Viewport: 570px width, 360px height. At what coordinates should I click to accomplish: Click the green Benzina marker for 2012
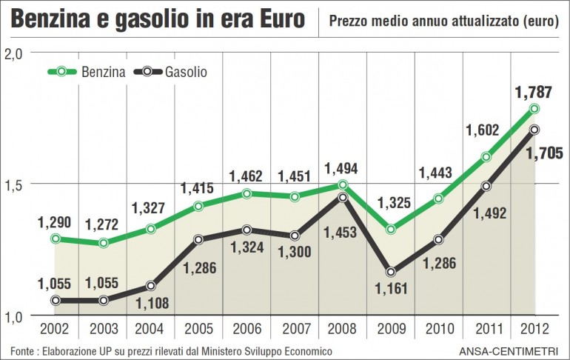[x=534, y=109]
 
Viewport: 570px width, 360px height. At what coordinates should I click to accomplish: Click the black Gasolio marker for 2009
[x=391, y=272]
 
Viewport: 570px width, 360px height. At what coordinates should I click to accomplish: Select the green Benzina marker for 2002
[x=56, y=239]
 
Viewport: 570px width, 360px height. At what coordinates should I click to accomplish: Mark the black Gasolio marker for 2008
[x=343, y=197]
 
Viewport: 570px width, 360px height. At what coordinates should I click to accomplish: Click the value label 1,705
[x=544, y=153]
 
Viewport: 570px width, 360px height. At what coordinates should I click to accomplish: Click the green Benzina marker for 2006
[x=247, y=193]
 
